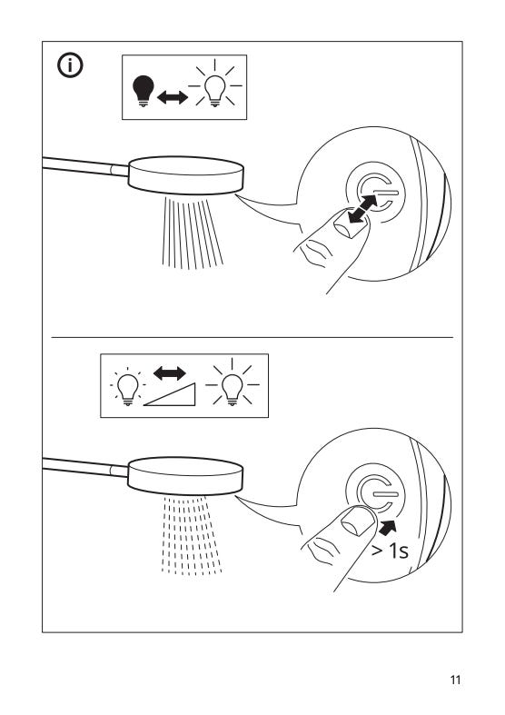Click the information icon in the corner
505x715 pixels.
[x=70, y=65]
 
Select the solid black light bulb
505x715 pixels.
[x=144, y=91]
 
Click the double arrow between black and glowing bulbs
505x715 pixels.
[x=173, y=97]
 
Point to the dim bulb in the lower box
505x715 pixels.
[x=128, y=389]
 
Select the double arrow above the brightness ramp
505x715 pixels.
[x=170, y=373]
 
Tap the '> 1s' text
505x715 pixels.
[x=391, y=551]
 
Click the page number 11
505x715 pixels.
[x=455, y=680]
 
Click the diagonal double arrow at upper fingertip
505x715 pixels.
[x=362, y=209]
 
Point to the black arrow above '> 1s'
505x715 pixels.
[x=388, y=528]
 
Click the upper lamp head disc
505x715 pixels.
[x=186, y=176]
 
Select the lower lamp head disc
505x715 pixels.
[x=185, y=476]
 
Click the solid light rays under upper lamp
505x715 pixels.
[x=193, y=233]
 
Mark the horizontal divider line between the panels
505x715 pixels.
[x=252, y=337]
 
